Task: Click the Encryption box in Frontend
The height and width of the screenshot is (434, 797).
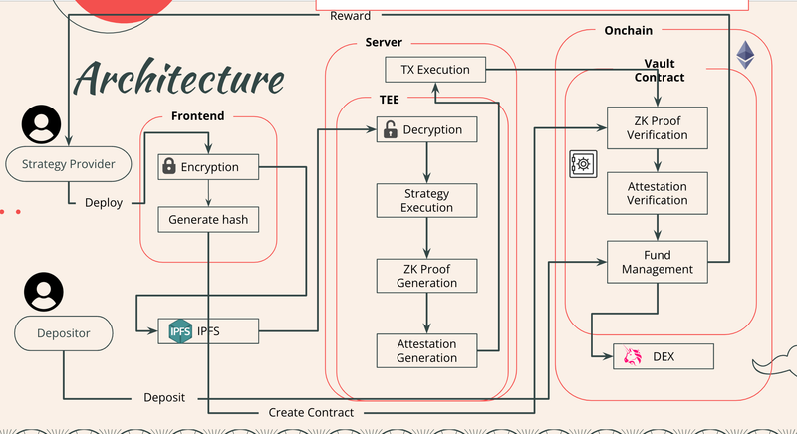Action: click(x=208, y=167)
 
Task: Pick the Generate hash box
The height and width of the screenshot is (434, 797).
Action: click(x=208, y=219)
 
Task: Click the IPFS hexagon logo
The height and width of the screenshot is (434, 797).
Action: click(x=179, y=330)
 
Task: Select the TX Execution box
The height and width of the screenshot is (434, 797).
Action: click(x=434, y=69)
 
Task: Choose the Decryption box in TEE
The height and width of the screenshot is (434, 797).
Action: click(x=426, y=129)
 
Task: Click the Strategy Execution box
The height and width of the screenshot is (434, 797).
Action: click(x=426, y=200)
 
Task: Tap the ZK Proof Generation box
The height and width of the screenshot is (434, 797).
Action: click(x=426, y=275)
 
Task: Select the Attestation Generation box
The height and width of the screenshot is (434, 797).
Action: click(x=426, y=350)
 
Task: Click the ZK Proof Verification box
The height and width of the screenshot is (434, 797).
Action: click(x=657, y=128)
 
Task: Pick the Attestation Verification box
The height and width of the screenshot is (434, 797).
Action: click(x=657, y=193)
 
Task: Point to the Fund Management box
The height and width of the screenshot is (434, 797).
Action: click(x=657, y=262)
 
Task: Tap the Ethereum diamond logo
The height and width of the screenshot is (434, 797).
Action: click(x=745, y=56)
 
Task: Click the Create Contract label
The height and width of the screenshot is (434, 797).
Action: click(x=311, y=412)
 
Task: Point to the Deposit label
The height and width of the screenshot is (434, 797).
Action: click(x=164, y=397)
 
